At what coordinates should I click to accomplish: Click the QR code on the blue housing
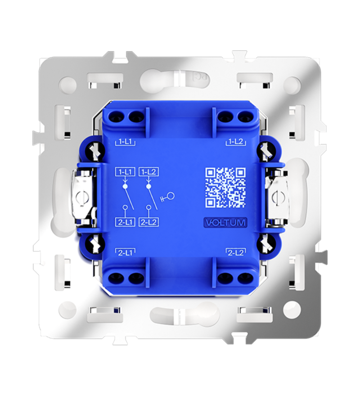click(225, 188)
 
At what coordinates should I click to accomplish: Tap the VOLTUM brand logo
click(225, 222)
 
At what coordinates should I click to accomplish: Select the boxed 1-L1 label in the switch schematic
click(125, 172)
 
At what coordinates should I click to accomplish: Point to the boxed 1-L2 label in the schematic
click(149, 172)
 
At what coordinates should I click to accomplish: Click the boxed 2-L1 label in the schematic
click(125, 222)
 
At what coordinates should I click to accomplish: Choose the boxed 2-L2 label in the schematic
click(149, 222)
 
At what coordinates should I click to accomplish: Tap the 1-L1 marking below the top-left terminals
click(125, 143)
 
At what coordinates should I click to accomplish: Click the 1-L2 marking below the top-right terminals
click(235, 143)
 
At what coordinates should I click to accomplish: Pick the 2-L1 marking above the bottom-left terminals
click(125, 252)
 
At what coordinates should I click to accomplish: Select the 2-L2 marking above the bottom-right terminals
click(235, 252)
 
